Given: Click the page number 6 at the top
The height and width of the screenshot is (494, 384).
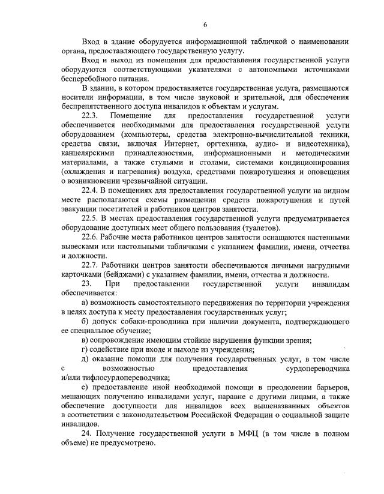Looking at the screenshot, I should [x=205, y=24].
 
